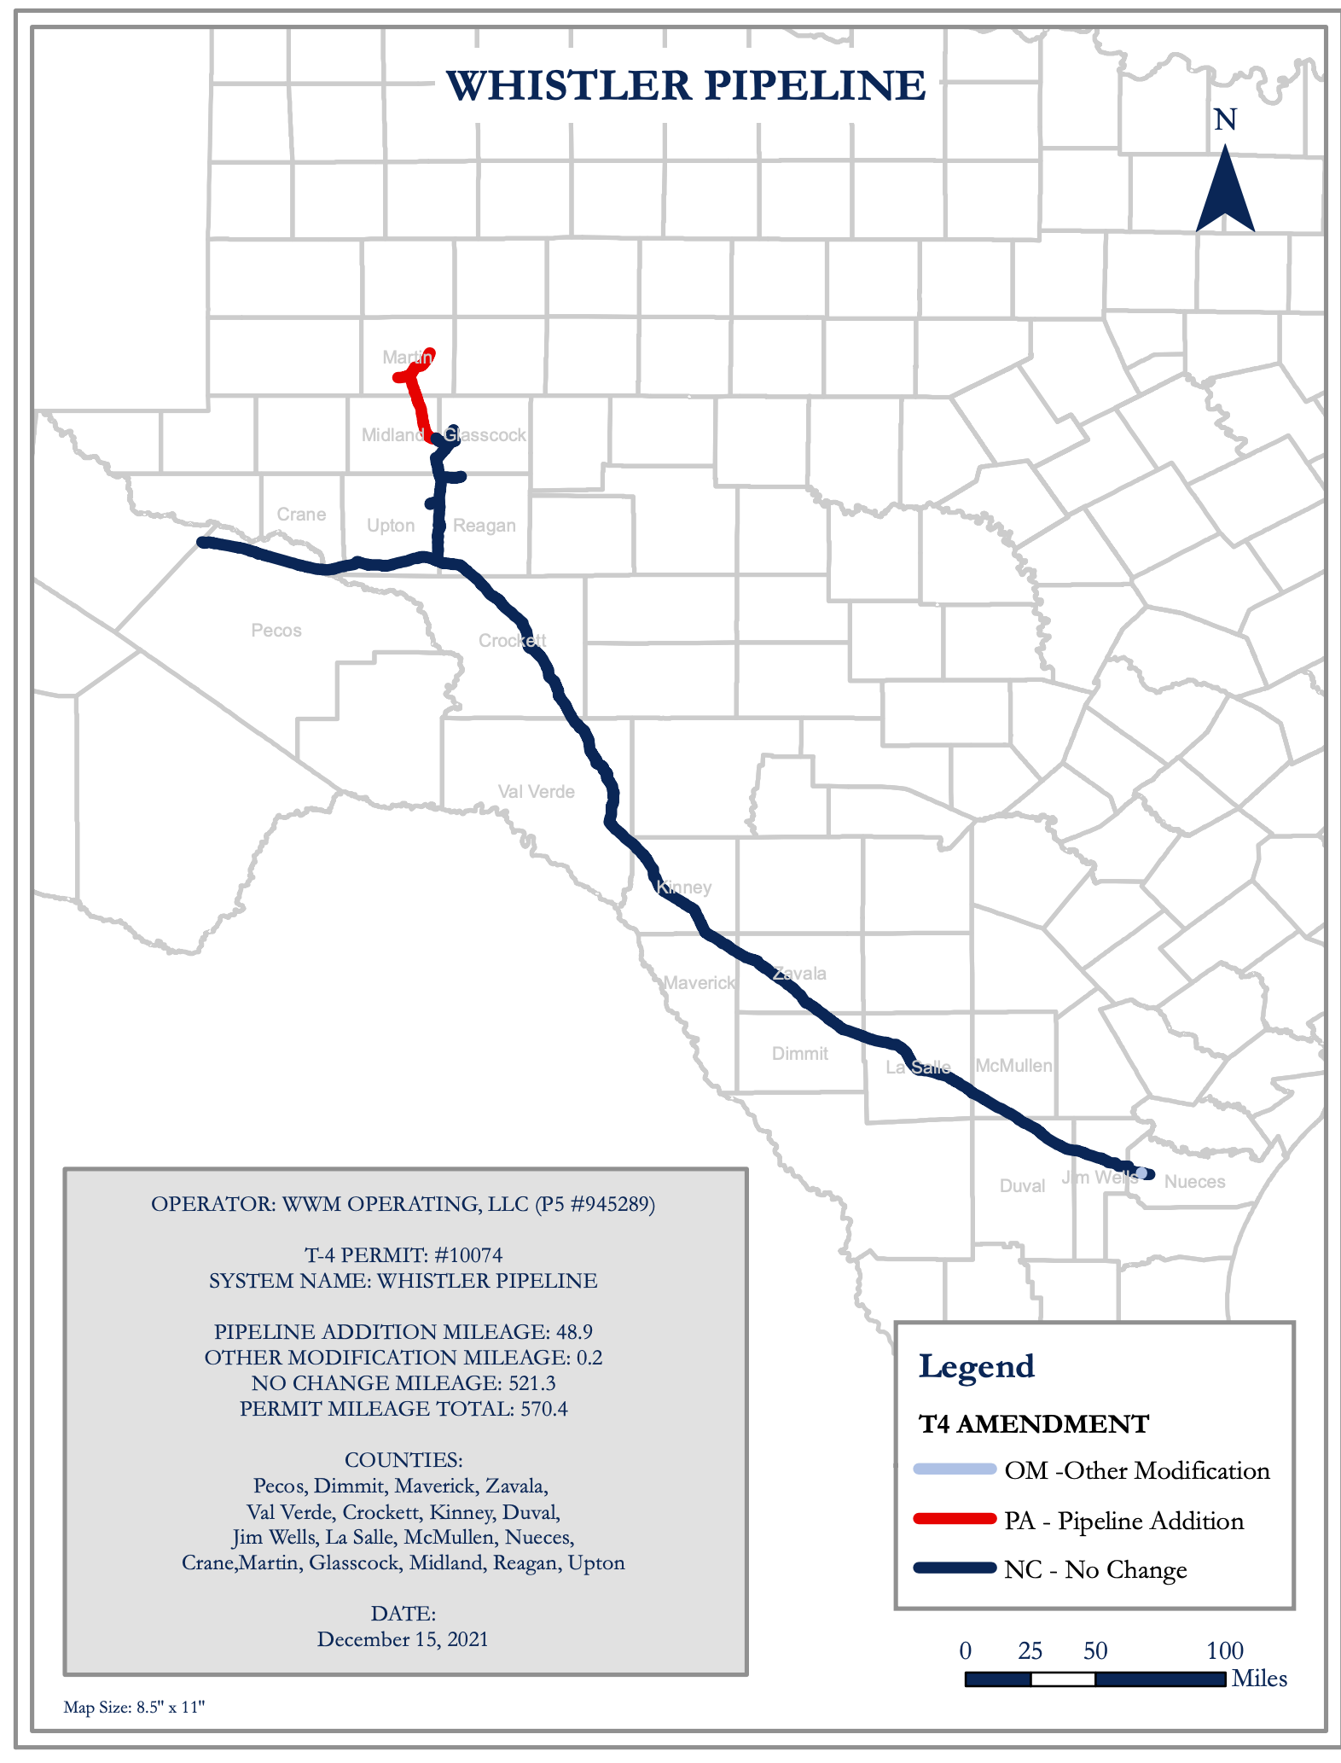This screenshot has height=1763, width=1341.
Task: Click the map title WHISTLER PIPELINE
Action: (685, 86)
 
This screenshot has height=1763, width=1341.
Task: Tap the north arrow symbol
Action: (1225, 189)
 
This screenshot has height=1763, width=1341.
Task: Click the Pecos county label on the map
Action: (276, 631)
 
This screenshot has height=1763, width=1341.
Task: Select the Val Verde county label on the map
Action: (537, 792)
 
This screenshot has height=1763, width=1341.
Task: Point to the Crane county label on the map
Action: (301, 515)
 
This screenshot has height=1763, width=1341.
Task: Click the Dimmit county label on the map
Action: (800, 1054)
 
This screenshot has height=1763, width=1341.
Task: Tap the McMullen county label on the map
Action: (1013, 1066)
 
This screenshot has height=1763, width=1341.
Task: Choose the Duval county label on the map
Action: (1022, 1186)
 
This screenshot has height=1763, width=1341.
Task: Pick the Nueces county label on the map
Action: (1194, 1182)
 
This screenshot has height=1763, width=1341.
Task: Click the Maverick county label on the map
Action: (699, 983)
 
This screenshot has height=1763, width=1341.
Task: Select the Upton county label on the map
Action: (391, 526)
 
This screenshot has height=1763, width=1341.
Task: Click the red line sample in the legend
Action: (955, 1519)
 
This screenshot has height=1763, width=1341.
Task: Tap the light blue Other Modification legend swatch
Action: (955, 1469)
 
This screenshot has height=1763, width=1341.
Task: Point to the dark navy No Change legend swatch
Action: (955, 1568)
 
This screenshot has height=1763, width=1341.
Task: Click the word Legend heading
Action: (976, 1367)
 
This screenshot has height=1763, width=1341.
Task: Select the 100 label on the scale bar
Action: (1225, 1651)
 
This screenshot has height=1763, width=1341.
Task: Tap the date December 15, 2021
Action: (403, 1639)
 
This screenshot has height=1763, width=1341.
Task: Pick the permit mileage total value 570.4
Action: (543, 1409)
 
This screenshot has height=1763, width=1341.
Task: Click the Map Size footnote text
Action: (134, 1708)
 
